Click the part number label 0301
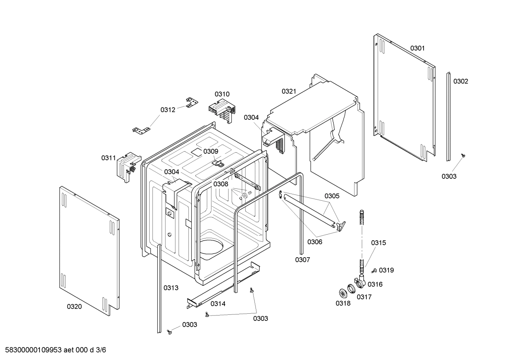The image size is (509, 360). pos(417,48)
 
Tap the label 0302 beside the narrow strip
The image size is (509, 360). pos(461,81)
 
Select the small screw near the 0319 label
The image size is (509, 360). pos(374,271)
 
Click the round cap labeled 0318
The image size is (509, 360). pos(342,293)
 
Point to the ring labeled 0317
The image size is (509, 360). pos(352,289)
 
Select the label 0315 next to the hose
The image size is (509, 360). pos(378,243)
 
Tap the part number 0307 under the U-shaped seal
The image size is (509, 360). pos(303,260)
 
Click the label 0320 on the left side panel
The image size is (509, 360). pos(74,306)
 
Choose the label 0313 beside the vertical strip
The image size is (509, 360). pos(171,288)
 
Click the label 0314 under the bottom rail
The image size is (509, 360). pos(218,303)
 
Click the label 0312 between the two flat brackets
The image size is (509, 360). pos(168,110)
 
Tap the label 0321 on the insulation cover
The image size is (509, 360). pos(289,91)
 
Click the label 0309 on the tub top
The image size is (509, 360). pos(211,151)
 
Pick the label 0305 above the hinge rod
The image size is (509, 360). pos(332,196)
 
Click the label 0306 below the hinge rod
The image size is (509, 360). pos(315,242)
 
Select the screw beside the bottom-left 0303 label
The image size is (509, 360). pos(169,331)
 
